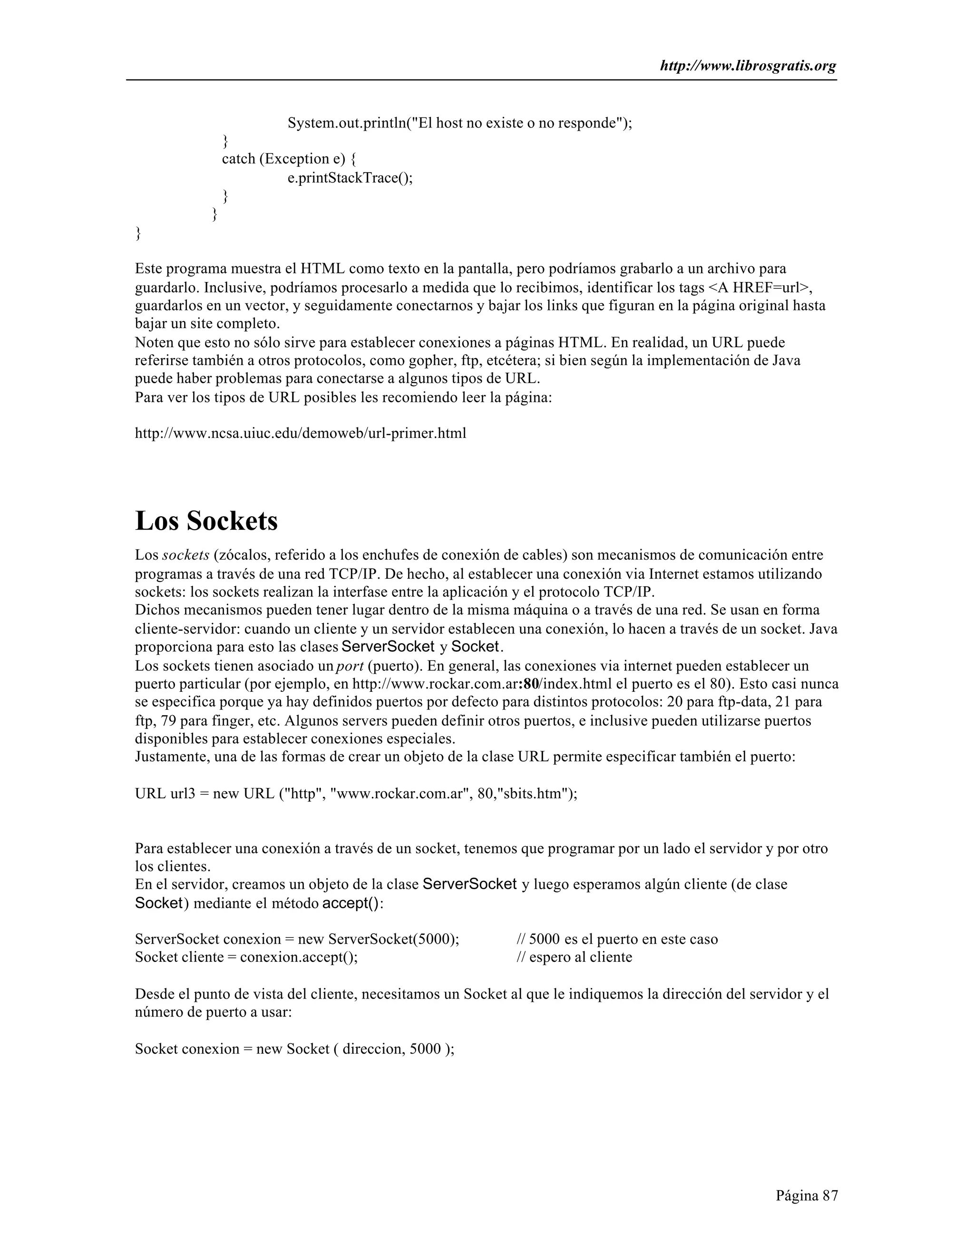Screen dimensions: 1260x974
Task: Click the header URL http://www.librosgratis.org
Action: [748, 67]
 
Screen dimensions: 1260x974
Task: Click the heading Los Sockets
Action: [206, 521]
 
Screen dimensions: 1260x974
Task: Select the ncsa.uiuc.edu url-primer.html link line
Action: [300, 433]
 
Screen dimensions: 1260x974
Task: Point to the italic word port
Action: [349, 666]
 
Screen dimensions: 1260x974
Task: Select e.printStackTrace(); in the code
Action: [350, 178]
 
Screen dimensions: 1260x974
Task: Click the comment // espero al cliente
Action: [574, 957]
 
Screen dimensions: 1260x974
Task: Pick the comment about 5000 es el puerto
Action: [617, 939]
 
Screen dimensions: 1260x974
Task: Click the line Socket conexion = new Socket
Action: [294, 1049]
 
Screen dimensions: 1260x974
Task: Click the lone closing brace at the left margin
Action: [138, 233]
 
